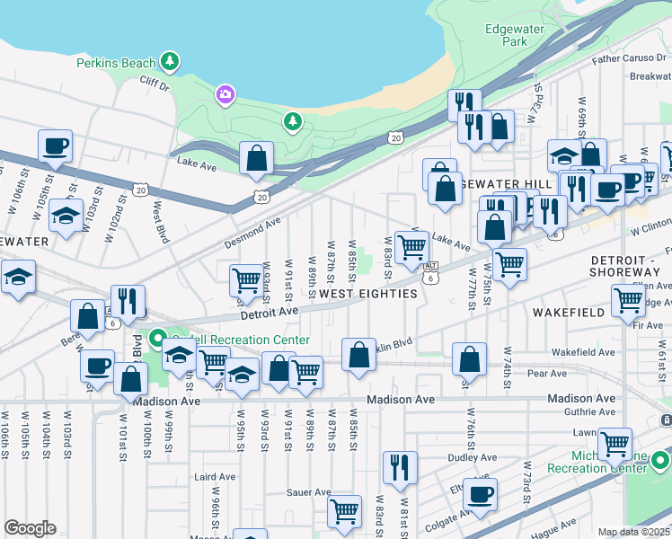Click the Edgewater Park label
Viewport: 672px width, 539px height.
(515, 35)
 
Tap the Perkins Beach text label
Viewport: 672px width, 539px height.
(116, 63)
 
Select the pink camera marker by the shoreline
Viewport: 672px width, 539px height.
(225, 93)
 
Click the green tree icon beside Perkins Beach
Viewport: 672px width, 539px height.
(170, 61)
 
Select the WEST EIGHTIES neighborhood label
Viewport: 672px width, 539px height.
(368, 294)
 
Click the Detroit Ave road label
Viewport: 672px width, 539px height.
(269, 312)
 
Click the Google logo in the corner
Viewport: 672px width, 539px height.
(30, 528)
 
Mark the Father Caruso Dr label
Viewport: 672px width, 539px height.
(630, 59)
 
